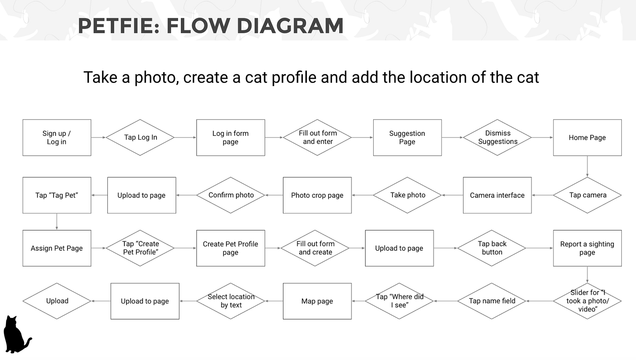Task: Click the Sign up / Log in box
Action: tap(57, 137)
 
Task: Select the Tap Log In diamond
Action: tap(140, 137)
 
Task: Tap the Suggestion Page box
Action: tap(407, 137)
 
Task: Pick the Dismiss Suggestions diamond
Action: tap(497, 137)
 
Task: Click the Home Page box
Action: tap(587, 137)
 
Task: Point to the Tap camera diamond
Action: tap(587, 195)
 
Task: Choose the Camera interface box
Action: tap(497, 195)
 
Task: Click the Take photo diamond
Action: tap(407, 195)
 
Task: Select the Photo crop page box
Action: tap(317, 195)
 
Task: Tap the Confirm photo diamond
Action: tap(231, 195)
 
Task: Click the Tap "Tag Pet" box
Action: tap(57, 195)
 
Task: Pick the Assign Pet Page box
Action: tap(57, 248)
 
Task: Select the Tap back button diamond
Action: tap(492, 248)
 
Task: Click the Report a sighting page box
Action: tap(587, 248)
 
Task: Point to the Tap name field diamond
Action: tap(492, 301)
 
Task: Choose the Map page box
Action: tap(317, 301)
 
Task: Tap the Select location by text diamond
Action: tap(231, 301)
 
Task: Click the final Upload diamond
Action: tap(57, 301)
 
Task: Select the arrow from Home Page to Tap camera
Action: tap(587, 166)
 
